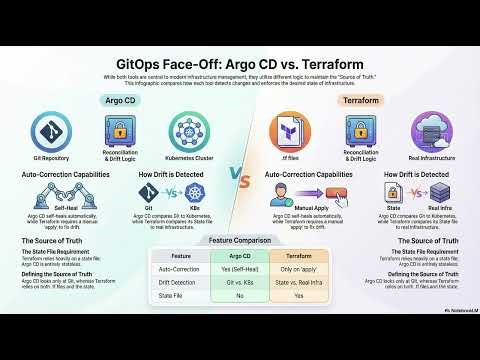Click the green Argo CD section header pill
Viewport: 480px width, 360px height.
click(119, 101)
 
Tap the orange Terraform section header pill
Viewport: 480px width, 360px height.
click(359, 101)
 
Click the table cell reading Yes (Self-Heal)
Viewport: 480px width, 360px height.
click(240, 269)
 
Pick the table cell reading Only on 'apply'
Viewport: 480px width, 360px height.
click(299, 269)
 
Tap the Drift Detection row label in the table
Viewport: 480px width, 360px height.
click(181, 283)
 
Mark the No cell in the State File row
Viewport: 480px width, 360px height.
click(240, 297)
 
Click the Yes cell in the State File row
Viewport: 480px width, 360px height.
click(299, 297)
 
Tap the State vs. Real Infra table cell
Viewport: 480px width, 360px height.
click(299, 283)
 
